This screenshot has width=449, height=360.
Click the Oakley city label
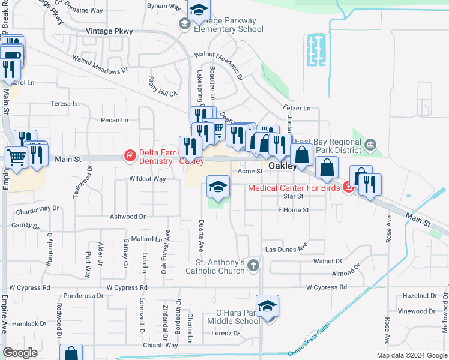point(282,166)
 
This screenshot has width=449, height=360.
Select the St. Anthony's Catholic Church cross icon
point(254,265)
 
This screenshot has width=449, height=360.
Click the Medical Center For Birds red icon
point(348,188)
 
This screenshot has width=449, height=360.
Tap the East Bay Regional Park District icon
point(370,144)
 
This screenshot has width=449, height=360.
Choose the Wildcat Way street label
point(147,179)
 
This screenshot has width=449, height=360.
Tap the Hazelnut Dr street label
point(420,296)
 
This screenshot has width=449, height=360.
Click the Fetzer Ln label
point(297,109)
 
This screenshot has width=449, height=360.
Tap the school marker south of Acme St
point(218,187)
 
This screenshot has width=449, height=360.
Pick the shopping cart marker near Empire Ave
point(17,158)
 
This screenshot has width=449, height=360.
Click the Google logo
point(20,353)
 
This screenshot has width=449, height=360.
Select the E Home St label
point(293,210)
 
